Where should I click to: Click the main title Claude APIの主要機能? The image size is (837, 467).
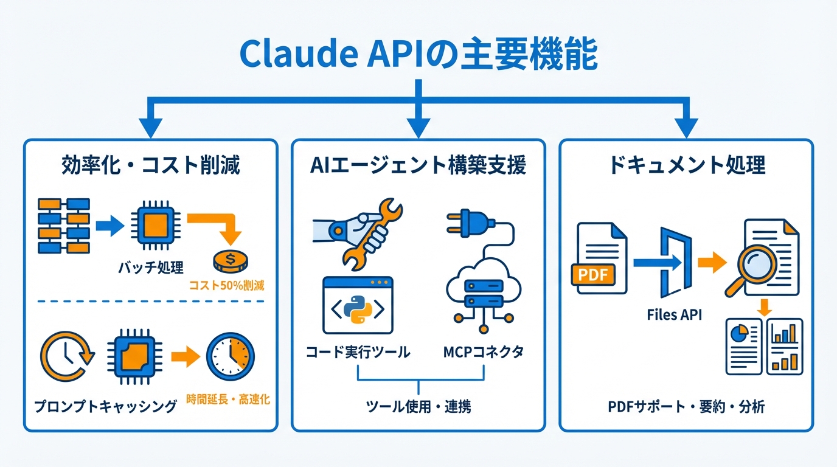418,54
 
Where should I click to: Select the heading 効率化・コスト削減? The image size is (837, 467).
151,165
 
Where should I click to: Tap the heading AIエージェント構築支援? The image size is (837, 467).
418,165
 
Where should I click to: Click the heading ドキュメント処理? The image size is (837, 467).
686,165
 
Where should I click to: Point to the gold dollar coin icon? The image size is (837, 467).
230,262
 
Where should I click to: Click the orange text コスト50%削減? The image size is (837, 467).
227,285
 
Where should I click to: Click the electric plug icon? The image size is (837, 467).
465,223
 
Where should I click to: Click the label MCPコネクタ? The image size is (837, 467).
484,353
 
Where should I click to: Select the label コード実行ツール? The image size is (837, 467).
357,353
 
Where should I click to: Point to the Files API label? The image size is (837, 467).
673,315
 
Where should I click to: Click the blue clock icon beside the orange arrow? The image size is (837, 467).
230,357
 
